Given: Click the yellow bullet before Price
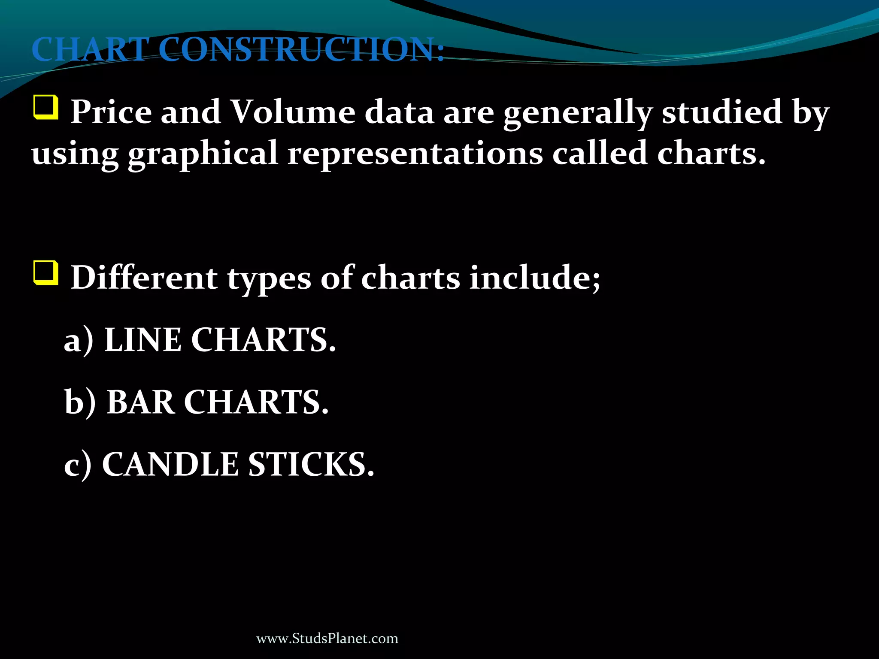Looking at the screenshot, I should pos(45,108).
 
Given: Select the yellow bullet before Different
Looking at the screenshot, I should pos(45,273).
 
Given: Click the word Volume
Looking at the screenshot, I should pos(293,112).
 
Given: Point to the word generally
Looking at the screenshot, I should pos(577,113).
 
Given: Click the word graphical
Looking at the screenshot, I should pos(203,154).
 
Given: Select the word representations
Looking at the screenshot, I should pos(415,154).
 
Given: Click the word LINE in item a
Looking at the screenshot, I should pos(143,340).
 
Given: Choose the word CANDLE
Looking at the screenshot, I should pos(170,464).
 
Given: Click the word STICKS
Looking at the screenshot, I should pos(311,464).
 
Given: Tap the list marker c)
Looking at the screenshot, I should pos(78,465).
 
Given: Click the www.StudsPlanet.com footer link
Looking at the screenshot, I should pos(327,638).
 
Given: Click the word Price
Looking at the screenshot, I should pos(111,112).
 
